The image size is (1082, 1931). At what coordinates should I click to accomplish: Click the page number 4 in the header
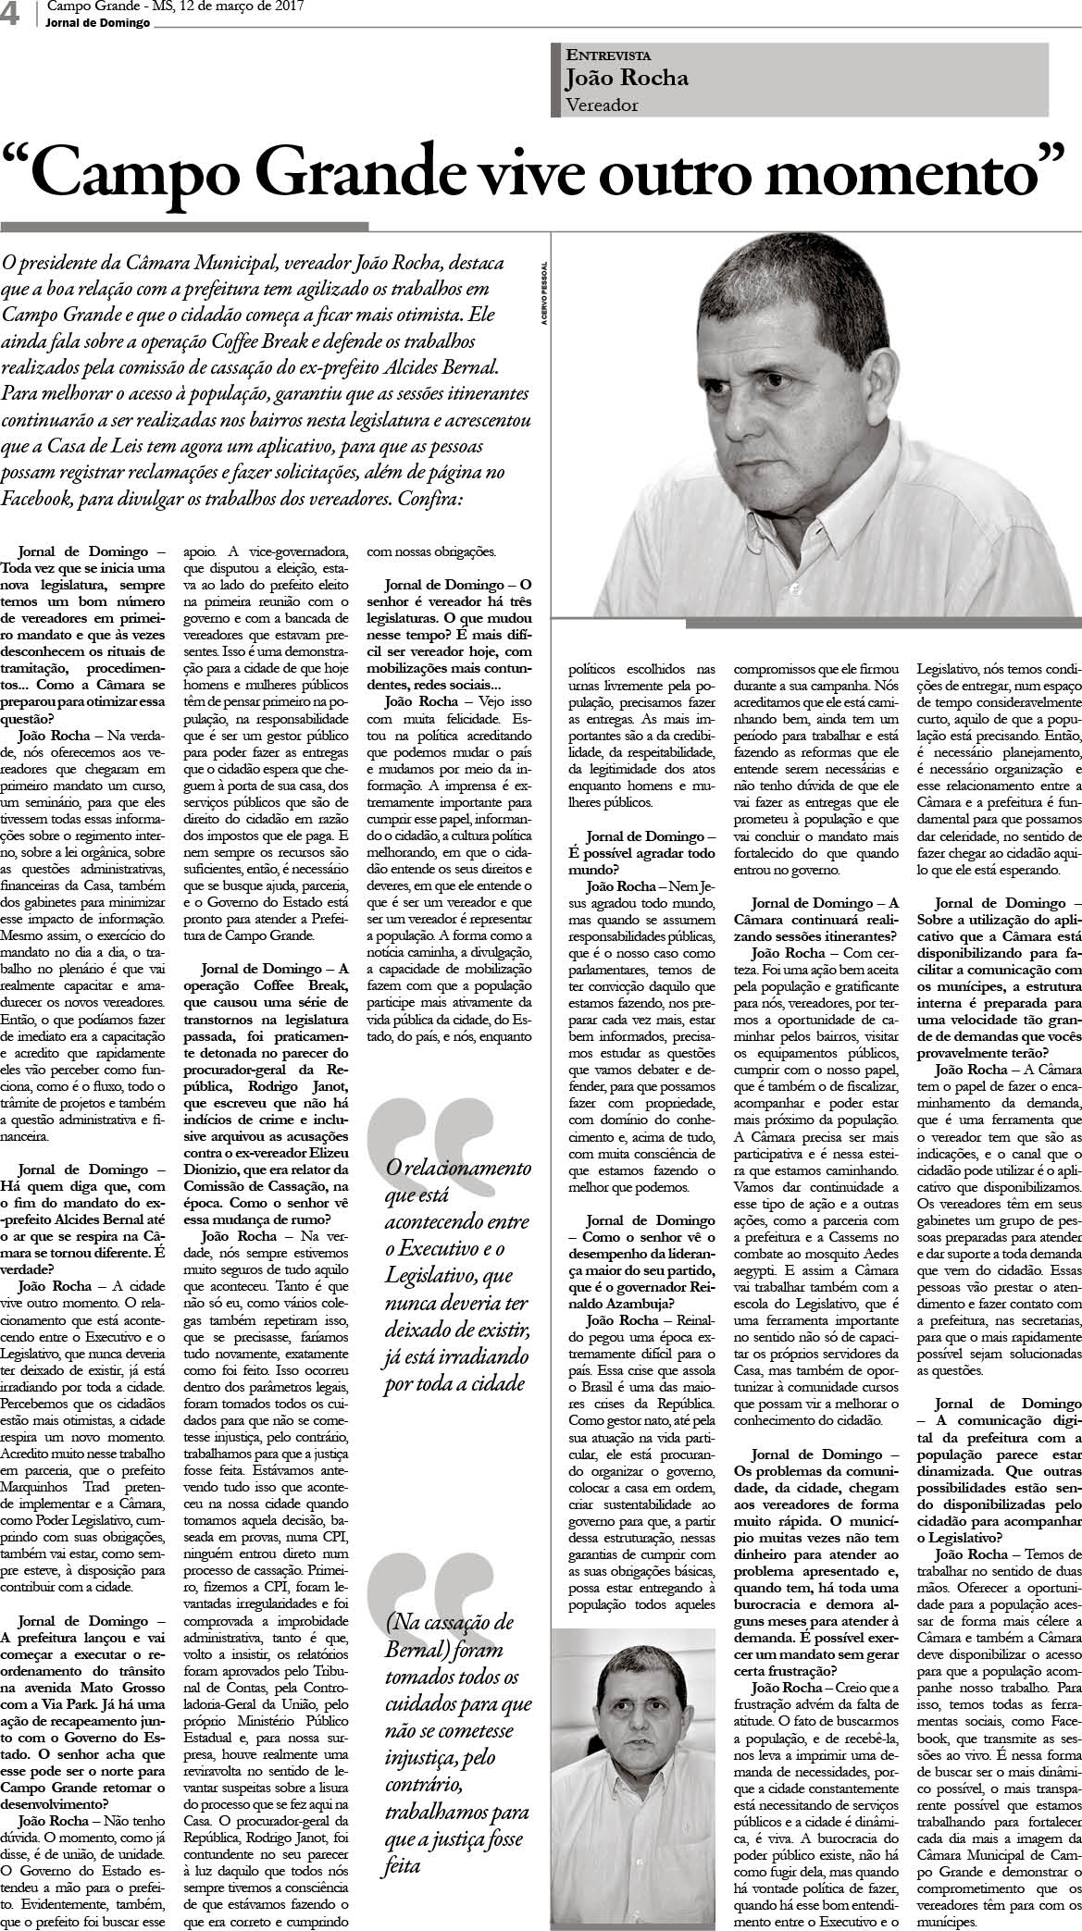pyautogui.click(x=12, y=15)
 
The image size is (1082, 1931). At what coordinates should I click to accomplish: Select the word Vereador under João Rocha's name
pyautogui.click(x=602, y=105)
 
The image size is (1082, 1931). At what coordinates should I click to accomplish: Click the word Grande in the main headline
pyautogui.click(x=353, y=172)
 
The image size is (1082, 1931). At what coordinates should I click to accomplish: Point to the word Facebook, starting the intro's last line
pyautogui.click(x=40, y=498)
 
